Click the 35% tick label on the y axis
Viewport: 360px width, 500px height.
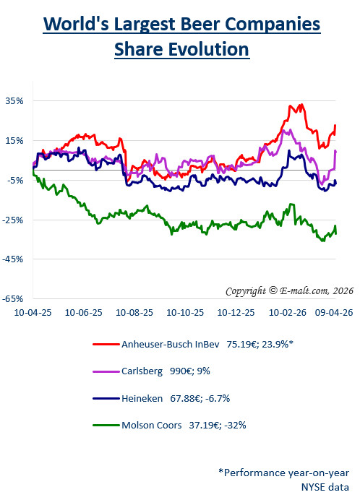[15, 101]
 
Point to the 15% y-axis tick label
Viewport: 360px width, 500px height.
[15, 141]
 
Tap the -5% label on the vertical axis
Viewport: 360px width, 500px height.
[15, 181]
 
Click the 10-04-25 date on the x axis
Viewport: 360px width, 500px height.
[33, 314]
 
